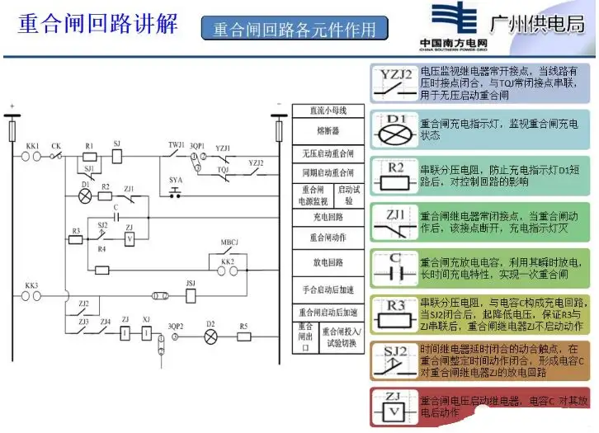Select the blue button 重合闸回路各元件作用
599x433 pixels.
[x=295, y=29]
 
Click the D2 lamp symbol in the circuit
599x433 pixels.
[x=210, y=335]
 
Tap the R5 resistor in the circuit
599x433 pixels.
[x=244, y=335]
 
